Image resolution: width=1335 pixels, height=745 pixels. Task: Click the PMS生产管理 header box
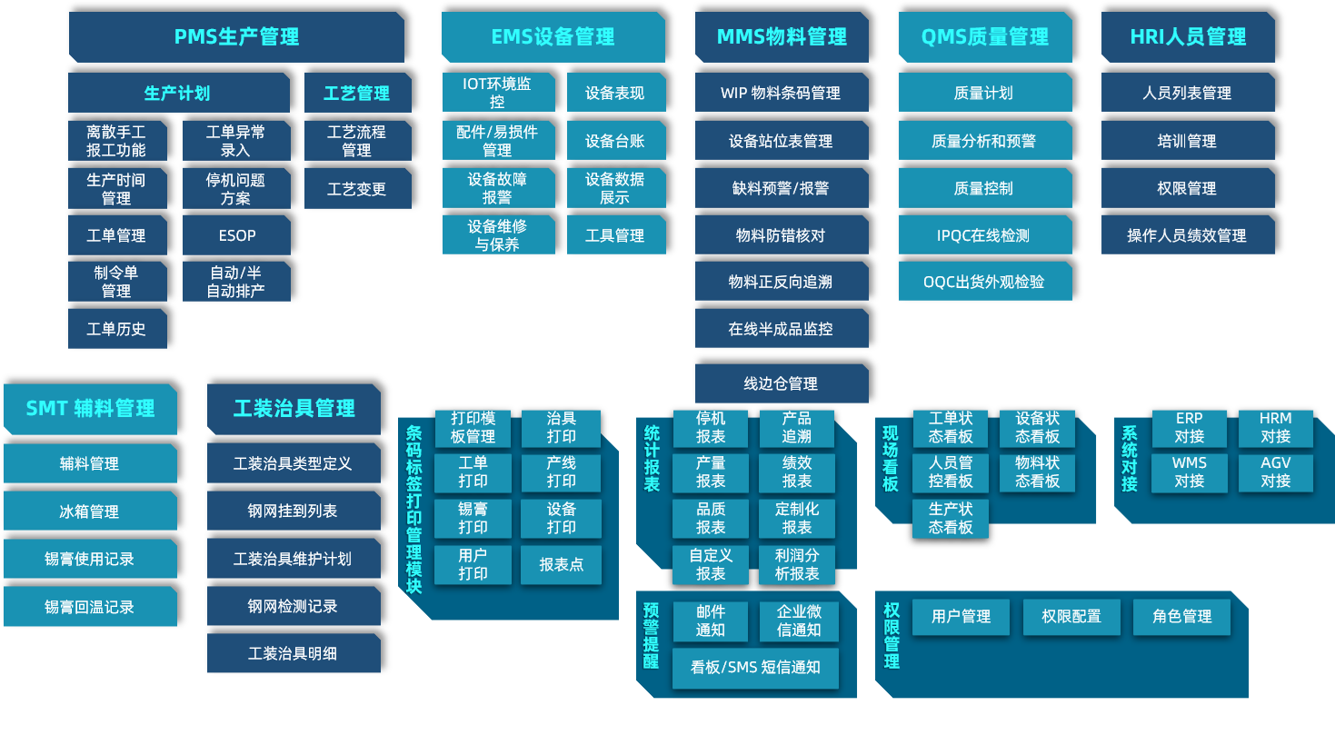tap(236, 37)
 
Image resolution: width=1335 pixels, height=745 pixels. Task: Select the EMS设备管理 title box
tap(553, 37)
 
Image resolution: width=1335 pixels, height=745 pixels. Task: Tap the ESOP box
tap(236, 235)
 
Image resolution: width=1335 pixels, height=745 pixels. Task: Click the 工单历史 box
tap(116, 329)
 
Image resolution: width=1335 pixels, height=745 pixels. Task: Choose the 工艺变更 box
tap(357, 189)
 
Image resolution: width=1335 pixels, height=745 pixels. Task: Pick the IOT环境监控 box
tap(497, 93)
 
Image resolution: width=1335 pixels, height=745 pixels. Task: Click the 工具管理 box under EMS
tap(615, 235)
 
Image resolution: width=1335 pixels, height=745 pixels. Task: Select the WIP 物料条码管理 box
tap(781, 93)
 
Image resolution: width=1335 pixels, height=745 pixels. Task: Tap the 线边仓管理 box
tap(781, 383)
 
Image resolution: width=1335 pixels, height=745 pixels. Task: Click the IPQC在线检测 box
tap(984, 235)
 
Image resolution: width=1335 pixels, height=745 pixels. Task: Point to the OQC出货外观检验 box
tap(984, 282)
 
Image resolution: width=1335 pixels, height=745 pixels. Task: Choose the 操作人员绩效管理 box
tap(1187, 235)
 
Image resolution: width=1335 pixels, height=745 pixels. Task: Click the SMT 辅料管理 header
tap(90, 409)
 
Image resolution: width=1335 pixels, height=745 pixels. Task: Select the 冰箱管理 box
tap(89, 512)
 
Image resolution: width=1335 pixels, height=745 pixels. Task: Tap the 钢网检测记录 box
tap(293, 606)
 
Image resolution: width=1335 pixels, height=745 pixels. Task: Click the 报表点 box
tap(561, 564)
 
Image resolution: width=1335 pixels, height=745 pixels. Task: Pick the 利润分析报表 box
tap(797, 564)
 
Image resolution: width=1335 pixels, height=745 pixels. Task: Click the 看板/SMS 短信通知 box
tap(755, 668)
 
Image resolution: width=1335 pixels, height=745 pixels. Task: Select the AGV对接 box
tap(1275, 472)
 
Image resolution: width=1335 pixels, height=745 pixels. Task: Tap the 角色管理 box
tap(1181, 617)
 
